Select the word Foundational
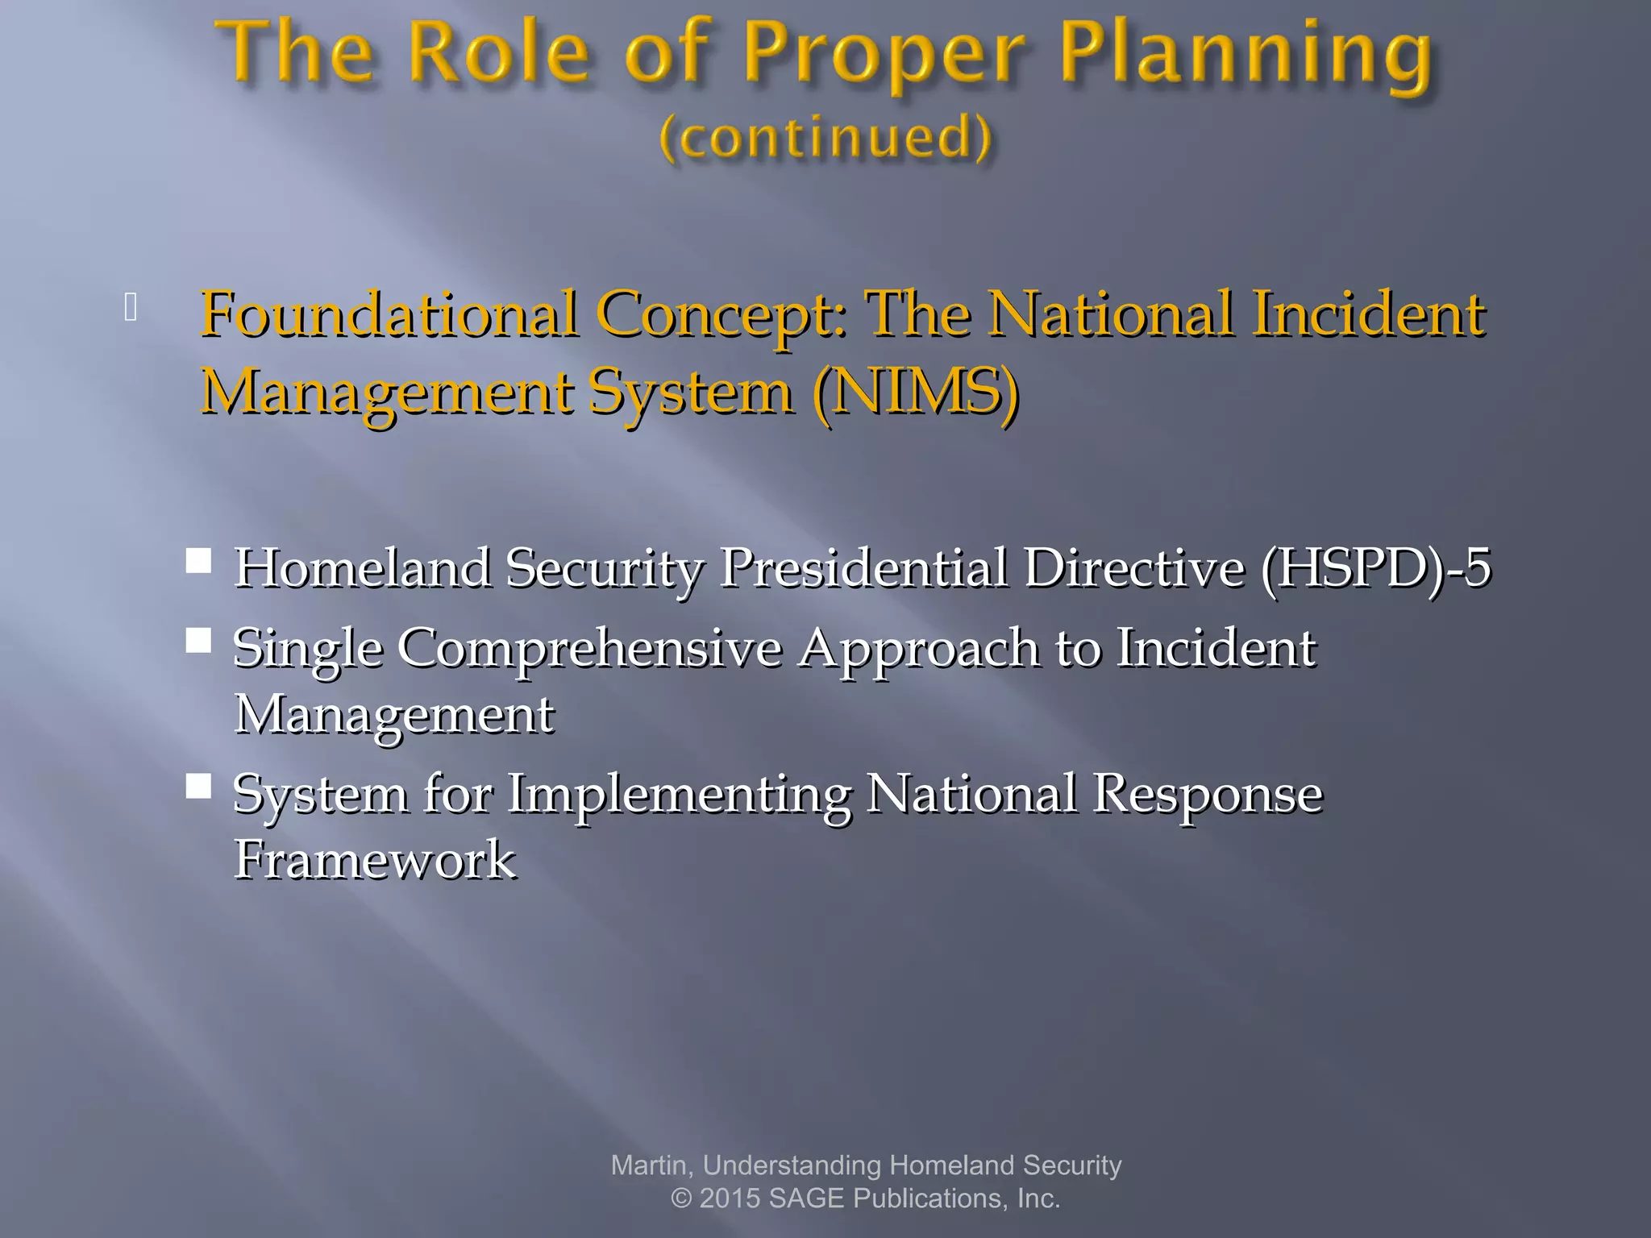tap(389, 314)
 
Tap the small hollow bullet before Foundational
tap(131, 307)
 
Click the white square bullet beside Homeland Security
tap(198, 560)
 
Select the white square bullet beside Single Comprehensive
tap(198, 640)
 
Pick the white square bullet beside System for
tap(198, 786)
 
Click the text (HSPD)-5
tap(1375, 568)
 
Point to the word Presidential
tap(863, 568)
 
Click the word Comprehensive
tap(589, 650)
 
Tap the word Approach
tap(919, 650)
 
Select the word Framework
tap(375, 859)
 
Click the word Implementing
tap(679, 795)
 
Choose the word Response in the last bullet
tap(1207, 795)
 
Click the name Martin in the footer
tap(649, 1165)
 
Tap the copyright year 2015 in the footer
tap(730, 1199)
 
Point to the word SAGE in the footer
tap(807, 1199)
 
